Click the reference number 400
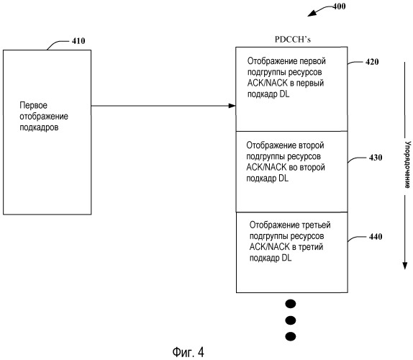click(x=339, y=6)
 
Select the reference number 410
click(x=78, y=41)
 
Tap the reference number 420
click(x=372, y=62)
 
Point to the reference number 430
click(x=376, y=158)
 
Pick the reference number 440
click(x=376, y=237)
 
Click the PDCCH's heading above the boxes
click(x=293, y=40)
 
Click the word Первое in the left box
click(x=33, y=105)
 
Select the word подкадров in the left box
click(x=39, y=127)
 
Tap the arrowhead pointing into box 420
click(x=232, y=106)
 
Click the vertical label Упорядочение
click(x=407, y=165)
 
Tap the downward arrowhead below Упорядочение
click(x=405, y=266)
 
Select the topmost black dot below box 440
click(x=291, y=304)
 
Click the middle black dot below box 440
click(x=291, y=320)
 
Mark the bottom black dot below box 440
click(x=291, y=336)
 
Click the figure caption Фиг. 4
click(x=188, y=352)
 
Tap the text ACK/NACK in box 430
click(x=266, y=167)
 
